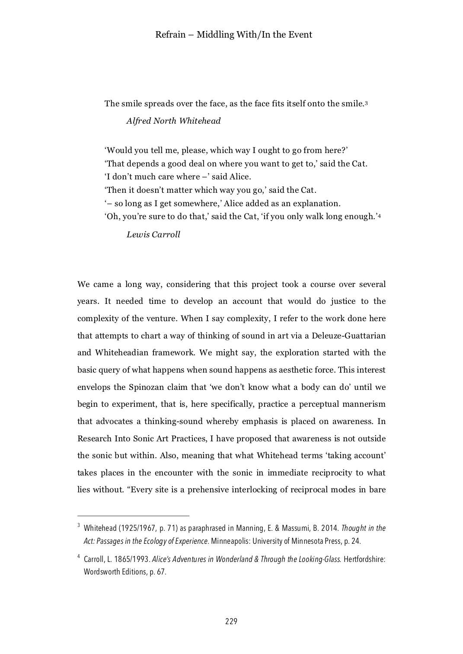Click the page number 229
coord(231,622)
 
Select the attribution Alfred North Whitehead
coord(173,121)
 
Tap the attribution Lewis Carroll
coord(153,235)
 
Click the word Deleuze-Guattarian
coord(348,335)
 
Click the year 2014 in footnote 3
coord(329,528)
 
